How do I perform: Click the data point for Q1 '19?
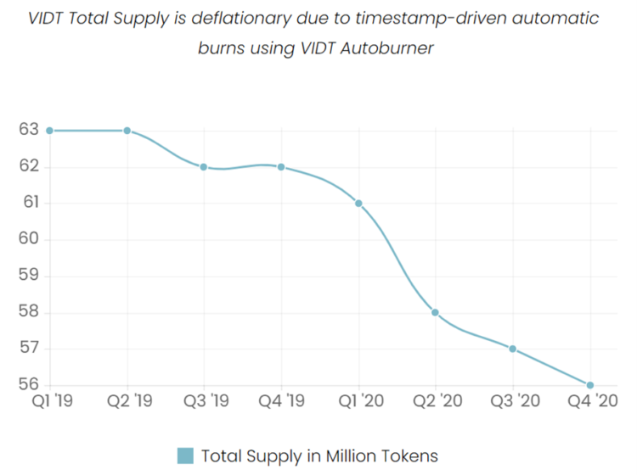coord(50,131)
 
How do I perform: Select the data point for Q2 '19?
coord(127,131)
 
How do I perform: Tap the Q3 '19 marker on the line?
coord(204,167)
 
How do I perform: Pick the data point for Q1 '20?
coord(358,204)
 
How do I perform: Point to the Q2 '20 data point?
coord(435,312)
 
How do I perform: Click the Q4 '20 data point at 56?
coord(589,385)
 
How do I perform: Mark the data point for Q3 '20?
coord(512,349)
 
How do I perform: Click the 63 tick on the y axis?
coord(29,130)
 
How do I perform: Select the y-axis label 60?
coord(29,239)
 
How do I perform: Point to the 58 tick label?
coord(29,312)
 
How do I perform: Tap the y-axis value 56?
coord(29,385)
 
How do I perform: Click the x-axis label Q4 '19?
coord(281,401)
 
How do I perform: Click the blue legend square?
coord(186,455)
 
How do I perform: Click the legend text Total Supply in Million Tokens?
coord(319,455)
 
